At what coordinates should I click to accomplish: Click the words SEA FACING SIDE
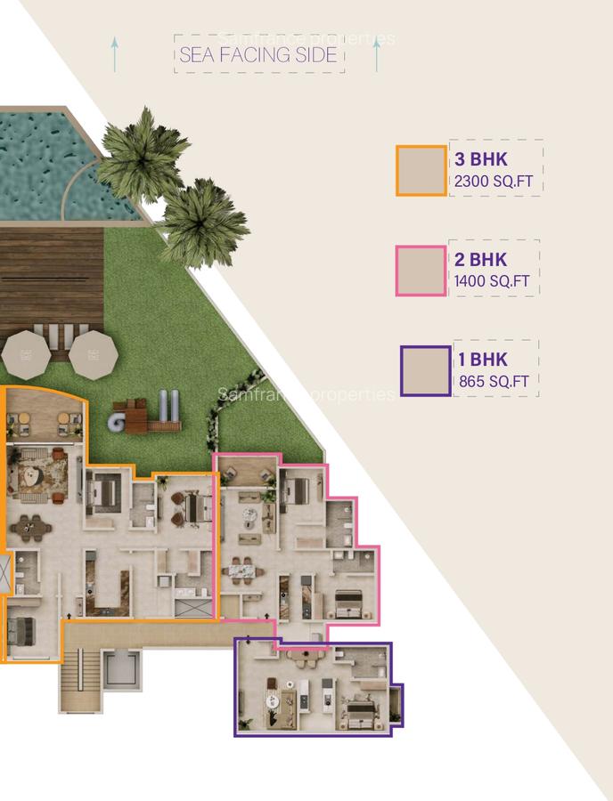point(259,55)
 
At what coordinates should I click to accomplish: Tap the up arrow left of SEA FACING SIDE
point(114,53)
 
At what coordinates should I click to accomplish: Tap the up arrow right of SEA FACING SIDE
point(377,55)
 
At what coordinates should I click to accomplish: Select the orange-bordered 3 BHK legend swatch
point(421,170)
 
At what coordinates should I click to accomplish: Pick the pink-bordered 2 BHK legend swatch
point(421,271)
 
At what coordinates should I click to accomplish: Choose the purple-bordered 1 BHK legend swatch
point(426,370)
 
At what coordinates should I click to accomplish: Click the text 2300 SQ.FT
point(494,182)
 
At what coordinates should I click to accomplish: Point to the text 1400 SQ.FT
point(492,281)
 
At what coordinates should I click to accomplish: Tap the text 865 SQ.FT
point(494,382)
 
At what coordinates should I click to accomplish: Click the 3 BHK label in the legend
point(480,160)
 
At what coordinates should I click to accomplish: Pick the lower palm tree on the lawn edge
point(203,221)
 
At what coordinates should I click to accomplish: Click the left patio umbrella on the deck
point(26,354)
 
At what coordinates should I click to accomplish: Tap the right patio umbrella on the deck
point(94,354)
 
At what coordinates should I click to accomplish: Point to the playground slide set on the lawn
point(143,414)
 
